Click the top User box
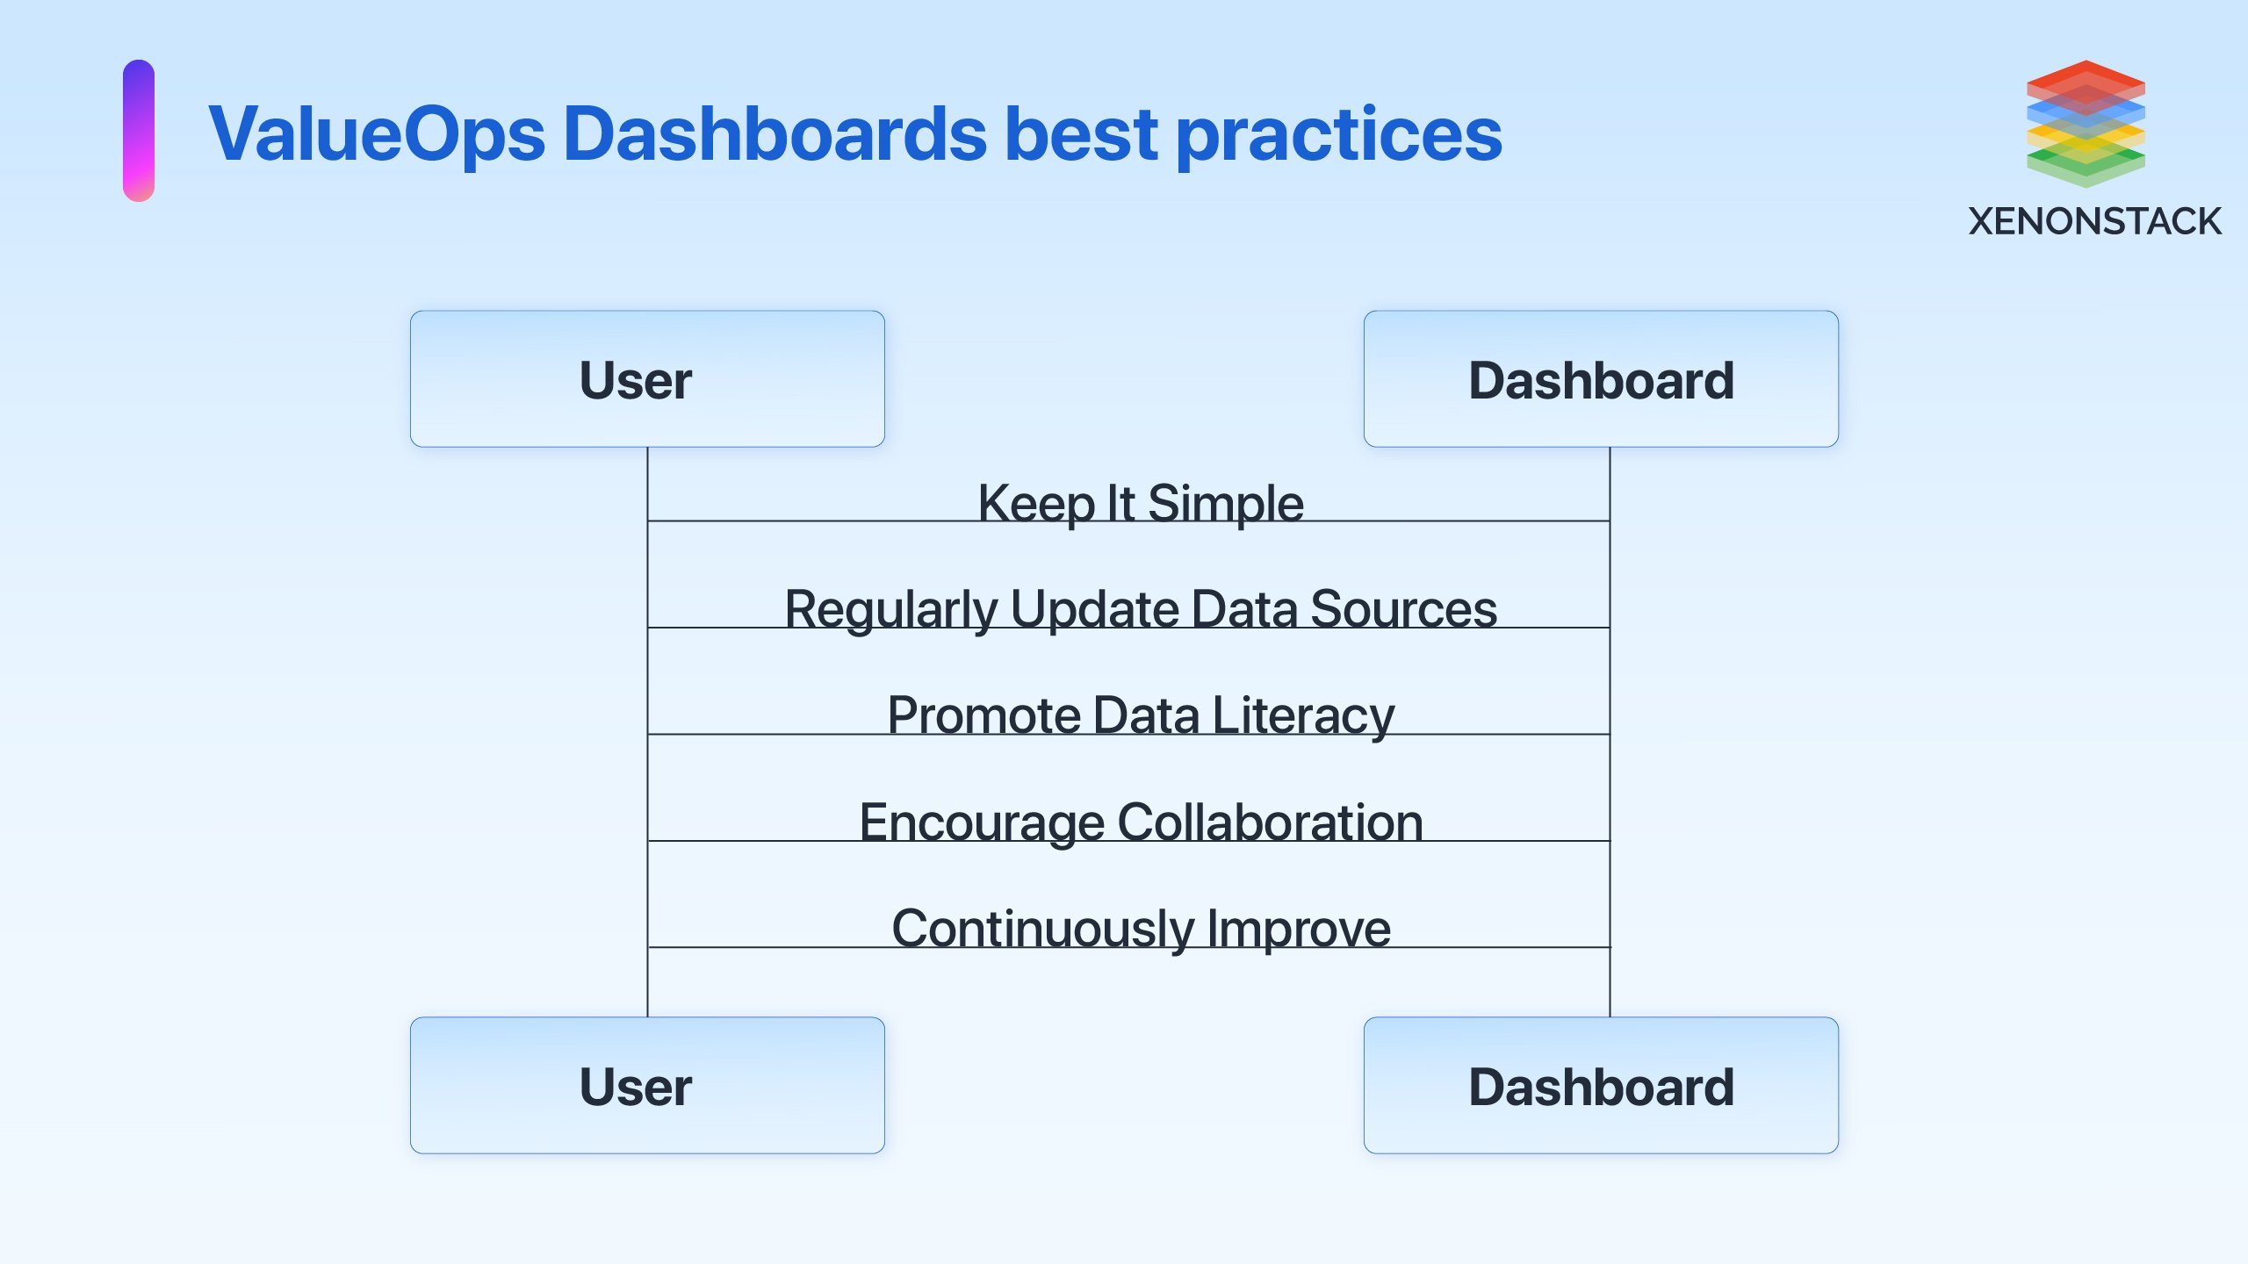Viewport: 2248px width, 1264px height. pyautogui.click(x=647, y=379)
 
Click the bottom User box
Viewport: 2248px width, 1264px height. pyautogui.click(x=647, y=1086)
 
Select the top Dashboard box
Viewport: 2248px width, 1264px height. pyautogui.click(x=1600, y=379)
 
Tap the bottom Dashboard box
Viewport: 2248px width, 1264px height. pyautogui.click(x=1600, y=1086)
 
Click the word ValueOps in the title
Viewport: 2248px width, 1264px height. pyautogui.click(x=377, y=134)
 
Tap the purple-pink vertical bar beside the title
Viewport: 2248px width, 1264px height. pyautogui.click(x=139, y=131)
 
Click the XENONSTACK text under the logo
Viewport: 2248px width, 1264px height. pyautogui.click(x=2094, y=221)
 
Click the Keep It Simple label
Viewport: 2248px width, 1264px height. pyautogui.click(x=1140, y=503)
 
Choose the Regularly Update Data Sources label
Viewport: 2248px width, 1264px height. pyautogui.click(x=1140, y=609)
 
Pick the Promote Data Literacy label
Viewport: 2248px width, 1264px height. pyautogui.click(x=1140, y=715)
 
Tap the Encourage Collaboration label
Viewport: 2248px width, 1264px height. pyautogui.click(x=1140, y=822)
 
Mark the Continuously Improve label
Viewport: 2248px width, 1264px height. pyautogui.click(x=1140, y=929)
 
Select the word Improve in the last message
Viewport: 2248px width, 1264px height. pyautogui.click(x=1299, y=929)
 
